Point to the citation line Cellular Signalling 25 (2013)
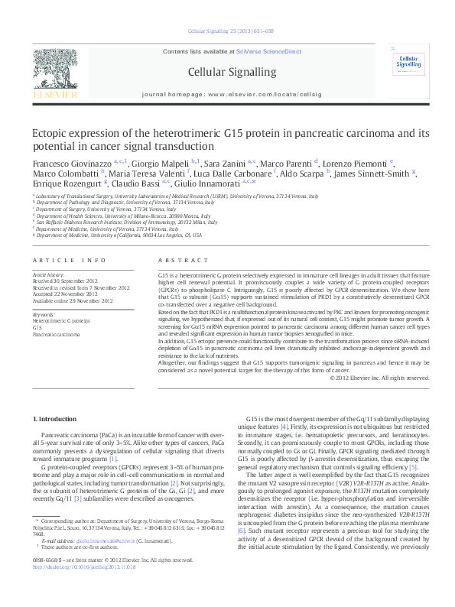228,31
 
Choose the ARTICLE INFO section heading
63,260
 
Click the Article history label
48,274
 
